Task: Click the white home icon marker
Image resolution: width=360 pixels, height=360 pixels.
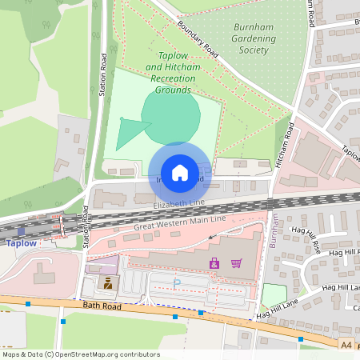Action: tap(180, 173)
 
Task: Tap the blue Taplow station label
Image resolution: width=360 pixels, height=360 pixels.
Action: tap(21, 243)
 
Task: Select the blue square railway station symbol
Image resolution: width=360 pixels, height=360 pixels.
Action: tap(21, 230)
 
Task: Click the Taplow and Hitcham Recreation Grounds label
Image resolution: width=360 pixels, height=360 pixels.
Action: tap(174, 73)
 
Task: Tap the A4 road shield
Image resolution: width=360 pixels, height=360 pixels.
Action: tap(346, 345)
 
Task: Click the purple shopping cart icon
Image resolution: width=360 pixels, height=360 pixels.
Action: tap(236, 263)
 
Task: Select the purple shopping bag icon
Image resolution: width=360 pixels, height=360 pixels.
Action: tap(214, 263)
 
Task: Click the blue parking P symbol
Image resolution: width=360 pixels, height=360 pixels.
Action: tap(178, 282)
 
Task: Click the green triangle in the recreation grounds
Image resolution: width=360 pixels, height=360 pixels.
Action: tap(126, 133)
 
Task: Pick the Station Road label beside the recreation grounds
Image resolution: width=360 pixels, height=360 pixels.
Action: tap(103, 76)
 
